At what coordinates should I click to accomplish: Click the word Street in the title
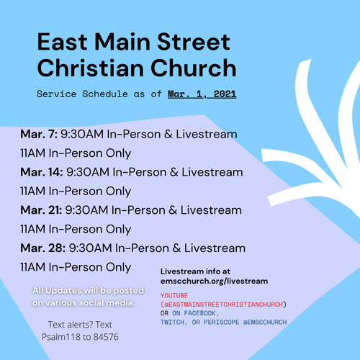tap(194, 42)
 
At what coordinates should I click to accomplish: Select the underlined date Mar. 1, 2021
tap(202, 94)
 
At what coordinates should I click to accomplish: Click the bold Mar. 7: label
tap(39, 134)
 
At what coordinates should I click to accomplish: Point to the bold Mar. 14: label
tap(42, 172)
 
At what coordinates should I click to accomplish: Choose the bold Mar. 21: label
tap(41, 210)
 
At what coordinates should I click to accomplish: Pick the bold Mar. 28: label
tap(43, 248)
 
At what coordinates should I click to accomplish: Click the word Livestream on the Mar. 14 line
tap(212, 172)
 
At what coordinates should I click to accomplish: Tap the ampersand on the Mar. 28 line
tap(176, 248)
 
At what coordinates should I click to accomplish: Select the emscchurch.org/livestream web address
tap(214, 281)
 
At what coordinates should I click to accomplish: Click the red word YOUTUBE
tap(174, 295)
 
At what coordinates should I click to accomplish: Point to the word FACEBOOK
tap(200, 313)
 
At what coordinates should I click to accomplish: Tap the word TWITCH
tap(173, 322)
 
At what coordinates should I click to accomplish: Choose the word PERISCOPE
tap(221, 322)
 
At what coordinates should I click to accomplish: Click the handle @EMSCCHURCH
tap(265, 322)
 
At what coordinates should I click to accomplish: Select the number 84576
tap(106, 337)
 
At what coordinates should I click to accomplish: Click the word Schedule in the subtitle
tap(105, 94)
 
